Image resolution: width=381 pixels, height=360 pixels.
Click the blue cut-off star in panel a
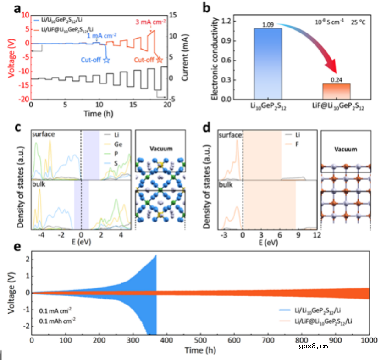pyautogui.click(x=106, y=60)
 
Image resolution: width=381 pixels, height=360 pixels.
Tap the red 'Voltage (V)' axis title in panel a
pyautogui.click(x=8, y=56)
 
